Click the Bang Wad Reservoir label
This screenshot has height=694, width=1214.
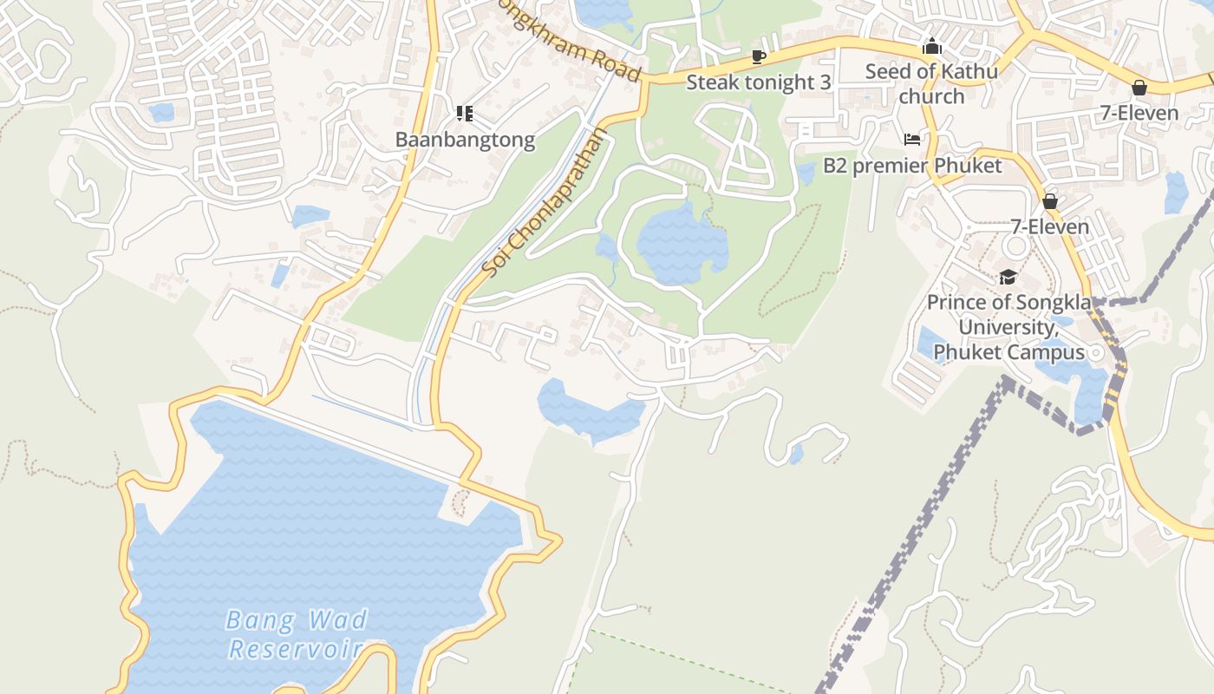click(297, 633)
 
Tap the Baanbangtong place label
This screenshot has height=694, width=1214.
click(465, 140)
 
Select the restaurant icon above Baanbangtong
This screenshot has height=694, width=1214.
click(464, 114)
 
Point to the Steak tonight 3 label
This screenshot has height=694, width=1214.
click(759, 82)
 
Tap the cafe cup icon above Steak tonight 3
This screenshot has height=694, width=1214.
click(759, 57)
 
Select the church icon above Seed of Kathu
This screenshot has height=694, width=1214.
click(932, 46)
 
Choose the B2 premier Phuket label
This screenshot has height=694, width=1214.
click(912, 166)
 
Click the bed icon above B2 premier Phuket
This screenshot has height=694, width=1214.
click(911, 139)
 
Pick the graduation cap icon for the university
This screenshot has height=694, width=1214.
click(1008, 278)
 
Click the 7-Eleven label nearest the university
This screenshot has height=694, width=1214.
click(1050, 227)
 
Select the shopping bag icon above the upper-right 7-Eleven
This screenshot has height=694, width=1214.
click(1139, 88)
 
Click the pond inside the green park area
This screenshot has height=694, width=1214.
click(682, 243)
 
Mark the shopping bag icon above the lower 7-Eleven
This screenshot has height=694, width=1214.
click(1050, 202)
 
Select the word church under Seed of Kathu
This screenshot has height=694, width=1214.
click(931, 96)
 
